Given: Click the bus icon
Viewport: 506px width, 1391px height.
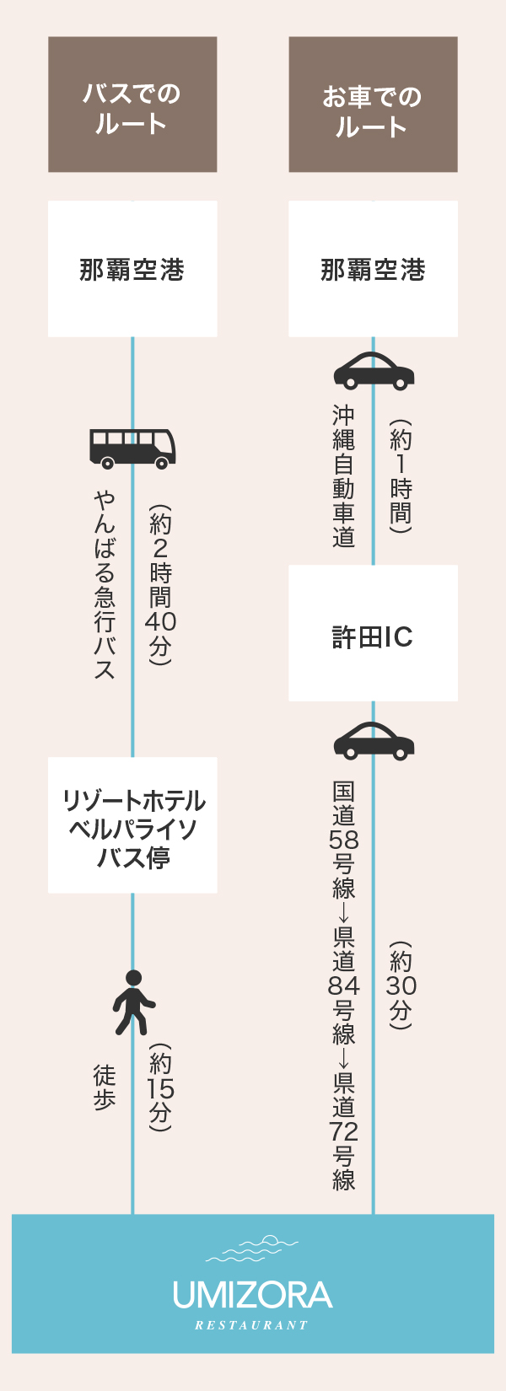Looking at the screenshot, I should [x=132, y=448].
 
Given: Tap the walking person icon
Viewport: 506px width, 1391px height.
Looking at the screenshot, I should [x=133, y=1002].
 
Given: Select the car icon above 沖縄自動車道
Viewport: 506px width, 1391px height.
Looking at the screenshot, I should [x=374, y=370].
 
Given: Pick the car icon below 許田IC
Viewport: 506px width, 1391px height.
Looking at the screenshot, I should [x=374, y=741].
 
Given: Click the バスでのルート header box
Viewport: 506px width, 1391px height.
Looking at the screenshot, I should [x=132, y=105].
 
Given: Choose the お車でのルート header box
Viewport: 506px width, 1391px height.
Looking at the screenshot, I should [x=373, y=105].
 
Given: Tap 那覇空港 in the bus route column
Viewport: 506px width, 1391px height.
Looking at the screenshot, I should [x=132, y=270].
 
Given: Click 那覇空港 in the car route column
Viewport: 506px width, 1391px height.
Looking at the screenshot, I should [x=373, y=270].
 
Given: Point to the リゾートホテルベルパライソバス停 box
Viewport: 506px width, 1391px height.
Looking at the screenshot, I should [x=132, y=826].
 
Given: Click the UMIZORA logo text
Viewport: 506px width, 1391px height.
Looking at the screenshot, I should [x=252, y=1295].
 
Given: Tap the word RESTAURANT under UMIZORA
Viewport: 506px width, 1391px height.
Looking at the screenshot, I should [x=252, y=1325].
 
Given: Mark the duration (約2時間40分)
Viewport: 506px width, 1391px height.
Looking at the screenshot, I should [x=160, y=585].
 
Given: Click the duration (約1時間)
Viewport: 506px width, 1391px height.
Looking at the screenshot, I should [x=401, y=476].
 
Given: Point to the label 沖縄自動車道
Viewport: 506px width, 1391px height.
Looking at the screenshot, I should [x=344, y=476].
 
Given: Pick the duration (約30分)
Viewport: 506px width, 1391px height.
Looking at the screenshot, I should [x=401, y=986].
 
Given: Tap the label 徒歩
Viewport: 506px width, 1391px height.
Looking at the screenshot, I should [x=105, y=1088].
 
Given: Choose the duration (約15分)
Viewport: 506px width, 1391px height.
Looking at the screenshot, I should [x=160, y=1088].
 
